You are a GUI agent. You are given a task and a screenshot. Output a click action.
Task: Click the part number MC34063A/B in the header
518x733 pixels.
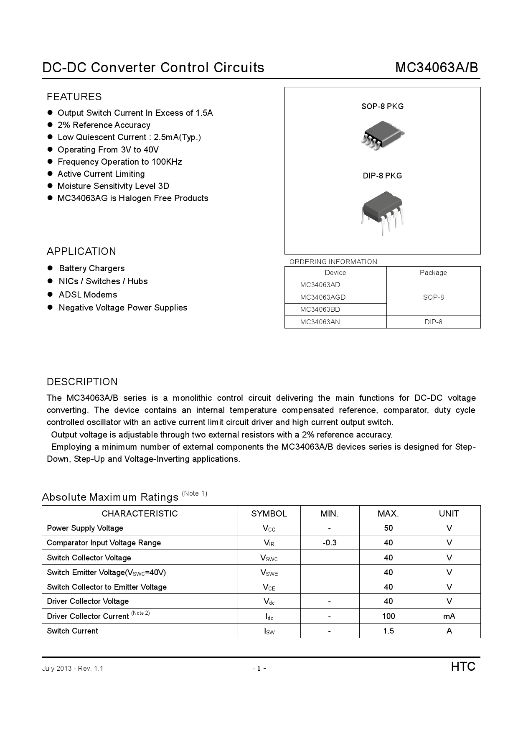coord(437,68)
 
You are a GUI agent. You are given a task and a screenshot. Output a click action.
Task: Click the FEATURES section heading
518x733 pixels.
coord(74,97)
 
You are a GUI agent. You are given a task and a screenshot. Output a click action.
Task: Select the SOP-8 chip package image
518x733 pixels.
coord(382,136)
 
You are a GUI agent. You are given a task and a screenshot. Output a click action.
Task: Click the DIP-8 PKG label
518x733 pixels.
coord(382,176)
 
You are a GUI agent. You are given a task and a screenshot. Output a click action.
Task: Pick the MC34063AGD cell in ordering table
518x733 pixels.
coord(322,297)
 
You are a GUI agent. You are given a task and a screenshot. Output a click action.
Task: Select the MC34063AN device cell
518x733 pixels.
coord(320,322)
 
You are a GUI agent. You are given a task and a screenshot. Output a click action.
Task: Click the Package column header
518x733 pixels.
coord(433,272)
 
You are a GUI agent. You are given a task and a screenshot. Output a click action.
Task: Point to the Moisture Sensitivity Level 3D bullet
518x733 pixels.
coord(113,186)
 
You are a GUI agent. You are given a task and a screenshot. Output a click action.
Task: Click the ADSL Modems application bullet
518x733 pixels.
coord(88,295)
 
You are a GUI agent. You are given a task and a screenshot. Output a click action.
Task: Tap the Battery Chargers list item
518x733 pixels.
coord(91,268)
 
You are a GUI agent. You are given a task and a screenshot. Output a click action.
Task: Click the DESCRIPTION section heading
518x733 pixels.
coord(82,382)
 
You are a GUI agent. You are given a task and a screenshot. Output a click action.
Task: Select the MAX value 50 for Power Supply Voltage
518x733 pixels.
coord(388,528)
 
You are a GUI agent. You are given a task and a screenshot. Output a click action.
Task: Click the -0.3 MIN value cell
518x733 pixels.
coord(330,542)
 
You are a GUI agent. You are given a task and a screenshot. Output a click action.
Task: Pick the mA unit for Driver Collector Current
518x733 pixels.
coord(449,616)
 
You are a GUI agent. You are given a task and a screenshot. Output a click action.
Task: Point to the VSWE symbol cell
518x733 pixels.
coord(269,573)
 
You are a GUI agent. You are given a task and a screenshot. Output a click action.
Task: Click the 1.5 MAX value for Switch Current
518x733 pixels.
coord(388,631)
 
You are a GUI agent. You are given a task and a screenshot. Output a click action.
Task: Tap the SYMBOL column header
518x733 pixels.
coord(269,513)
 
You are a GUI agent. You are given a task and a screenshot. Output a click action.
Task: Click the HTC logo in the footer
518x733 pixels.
coord(463,667)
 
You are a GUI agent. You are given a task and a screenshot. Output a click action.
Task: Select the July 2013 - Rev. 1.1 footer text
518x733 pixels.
coord(73,668)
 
